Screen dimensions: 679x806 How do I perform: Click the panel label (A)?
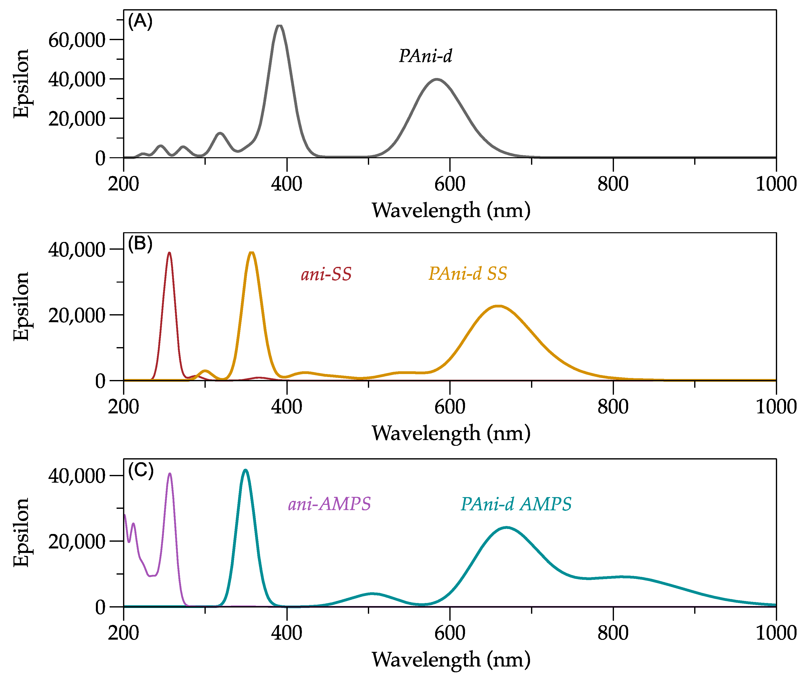click(140, 21)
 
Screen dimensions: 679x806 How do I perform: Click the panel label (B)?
click(140, 244)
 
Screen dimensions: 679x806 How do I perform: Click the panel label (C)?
click(140, 470)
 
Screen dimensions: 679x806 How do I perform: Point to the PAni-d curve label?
click(425, 56)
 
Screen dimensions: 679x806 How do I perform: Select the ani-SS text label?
click(326, 274)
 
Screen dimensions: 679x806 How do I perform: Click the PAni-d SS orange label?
click(468, 274)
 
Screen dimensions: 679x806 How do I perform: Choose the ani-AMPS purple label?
click(329, 504)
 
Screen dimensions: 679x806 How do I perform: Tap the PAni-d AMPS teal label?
click(516, 504)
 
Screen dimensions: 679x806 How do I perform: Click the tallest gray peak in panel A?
click(280, 26)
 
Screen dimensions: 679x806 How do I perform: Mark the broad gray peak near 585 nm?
click(437, 80)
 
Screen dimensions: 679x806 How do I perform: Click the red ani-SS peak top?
click(169, 253)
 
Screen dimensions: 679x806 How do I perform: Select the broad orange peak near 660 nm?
click(498, 306)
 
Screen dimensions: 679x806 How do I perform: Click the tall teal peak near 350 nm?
click(245, 470)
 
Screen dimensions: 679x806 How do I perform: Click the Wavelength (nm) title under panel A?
click(451, 211)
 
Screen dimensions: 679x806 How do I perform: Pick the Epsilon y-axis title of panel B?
click(21, 306)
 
